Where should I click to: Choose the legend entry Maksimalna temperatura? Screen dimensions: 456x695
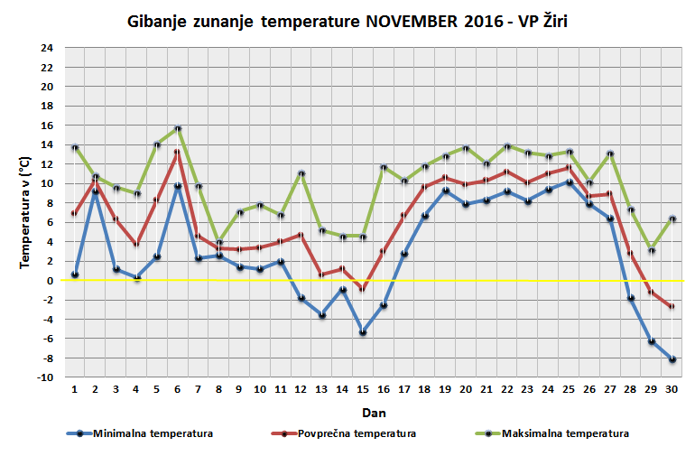tap(565, 433)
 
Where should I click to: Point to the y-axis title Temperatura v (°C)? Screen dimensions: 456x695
tap(26, 212)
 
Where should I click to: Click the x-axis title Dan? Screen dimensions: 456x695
tap(372, 412)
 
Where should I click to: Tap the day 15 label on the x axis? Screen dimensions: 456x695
tap(363, 390)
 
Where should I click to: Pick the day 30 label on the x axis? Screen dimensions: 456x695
tap(672, 390)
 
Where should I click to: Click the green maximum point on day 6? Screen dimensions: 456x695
tap(178, 128)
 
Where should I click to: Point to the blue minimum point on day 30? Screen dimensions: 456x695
tap(672, 359)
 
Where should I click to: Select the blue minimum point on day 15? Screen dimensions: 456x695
tap(363, 332)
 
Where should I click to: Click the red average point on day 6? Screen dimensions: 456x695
tap(178, 153)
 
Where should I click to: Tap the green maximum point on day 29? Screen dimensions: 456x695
tap(651, 250)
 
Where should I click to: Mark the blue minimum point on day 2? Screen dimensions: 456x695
tap(96, 191)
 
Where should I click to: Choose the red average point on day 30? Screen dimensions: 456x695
tap(672, 307)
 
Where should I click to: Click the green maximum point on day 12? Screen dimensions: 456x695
tap(301, 173)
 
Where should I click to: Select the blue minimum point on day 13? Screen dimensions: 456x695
tap(322, 314)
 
